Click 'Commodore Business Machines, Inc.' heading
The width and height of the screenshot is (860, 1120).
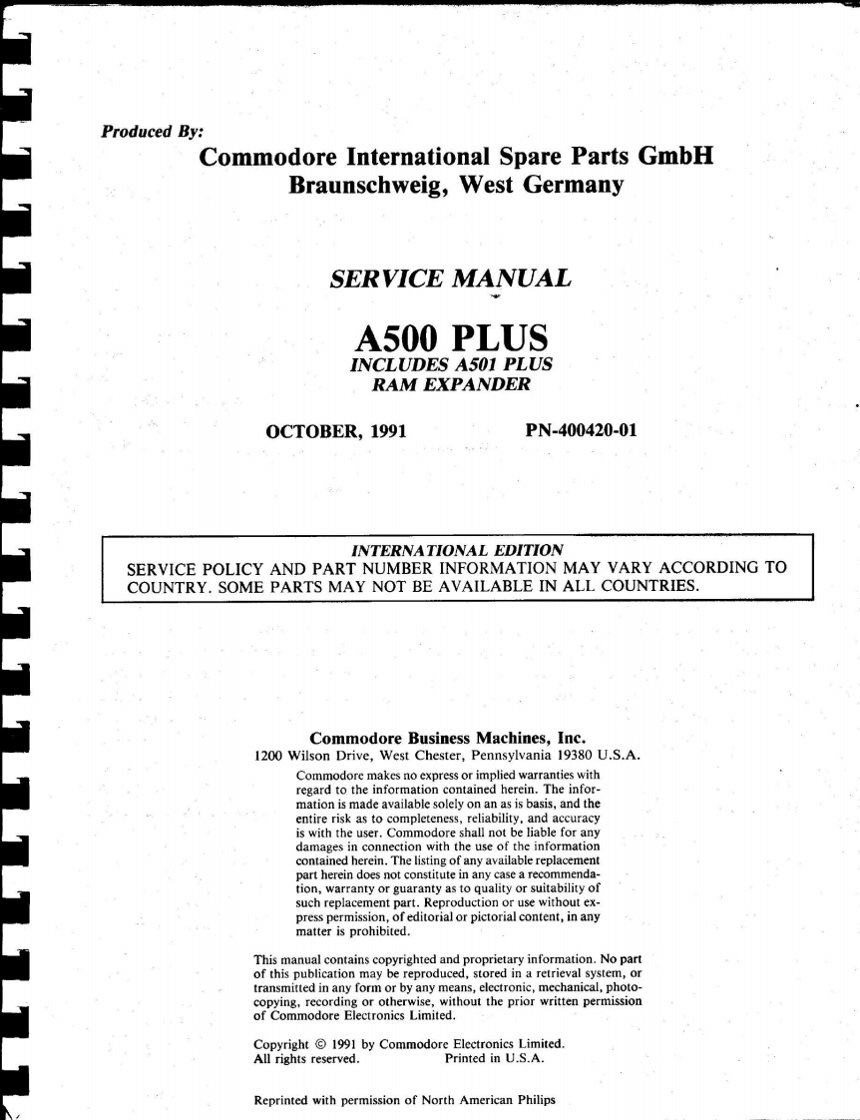(445, 740)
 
